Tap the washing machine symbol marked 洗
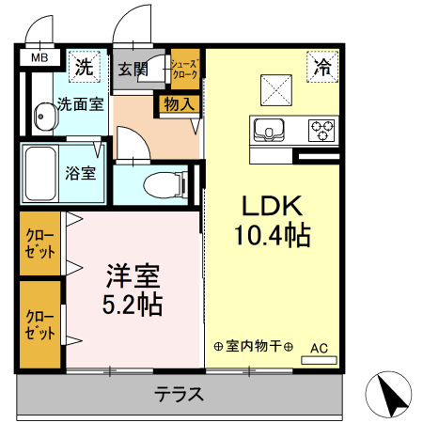pos(85,67)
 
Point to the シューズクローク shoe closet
pos(184,69)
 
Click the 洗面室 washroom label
pos(79,104)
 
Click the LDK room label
pos(272,205)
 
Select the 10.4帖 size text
pos(272,235)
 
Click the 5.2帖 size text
pos(132,305)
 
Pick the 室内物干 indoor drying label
pos(254,346)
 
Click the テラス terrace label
pos(179,394)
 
